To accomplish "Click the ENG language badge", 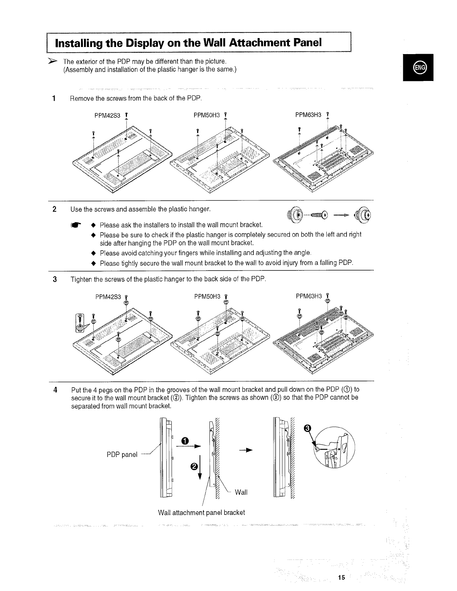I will [419, 68].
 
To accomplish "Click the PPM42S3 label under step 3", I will [108, 297].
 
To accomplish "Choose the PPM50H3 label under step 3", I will [208, 297].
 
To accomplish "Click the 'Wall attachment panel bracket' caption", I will [202, 512].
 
